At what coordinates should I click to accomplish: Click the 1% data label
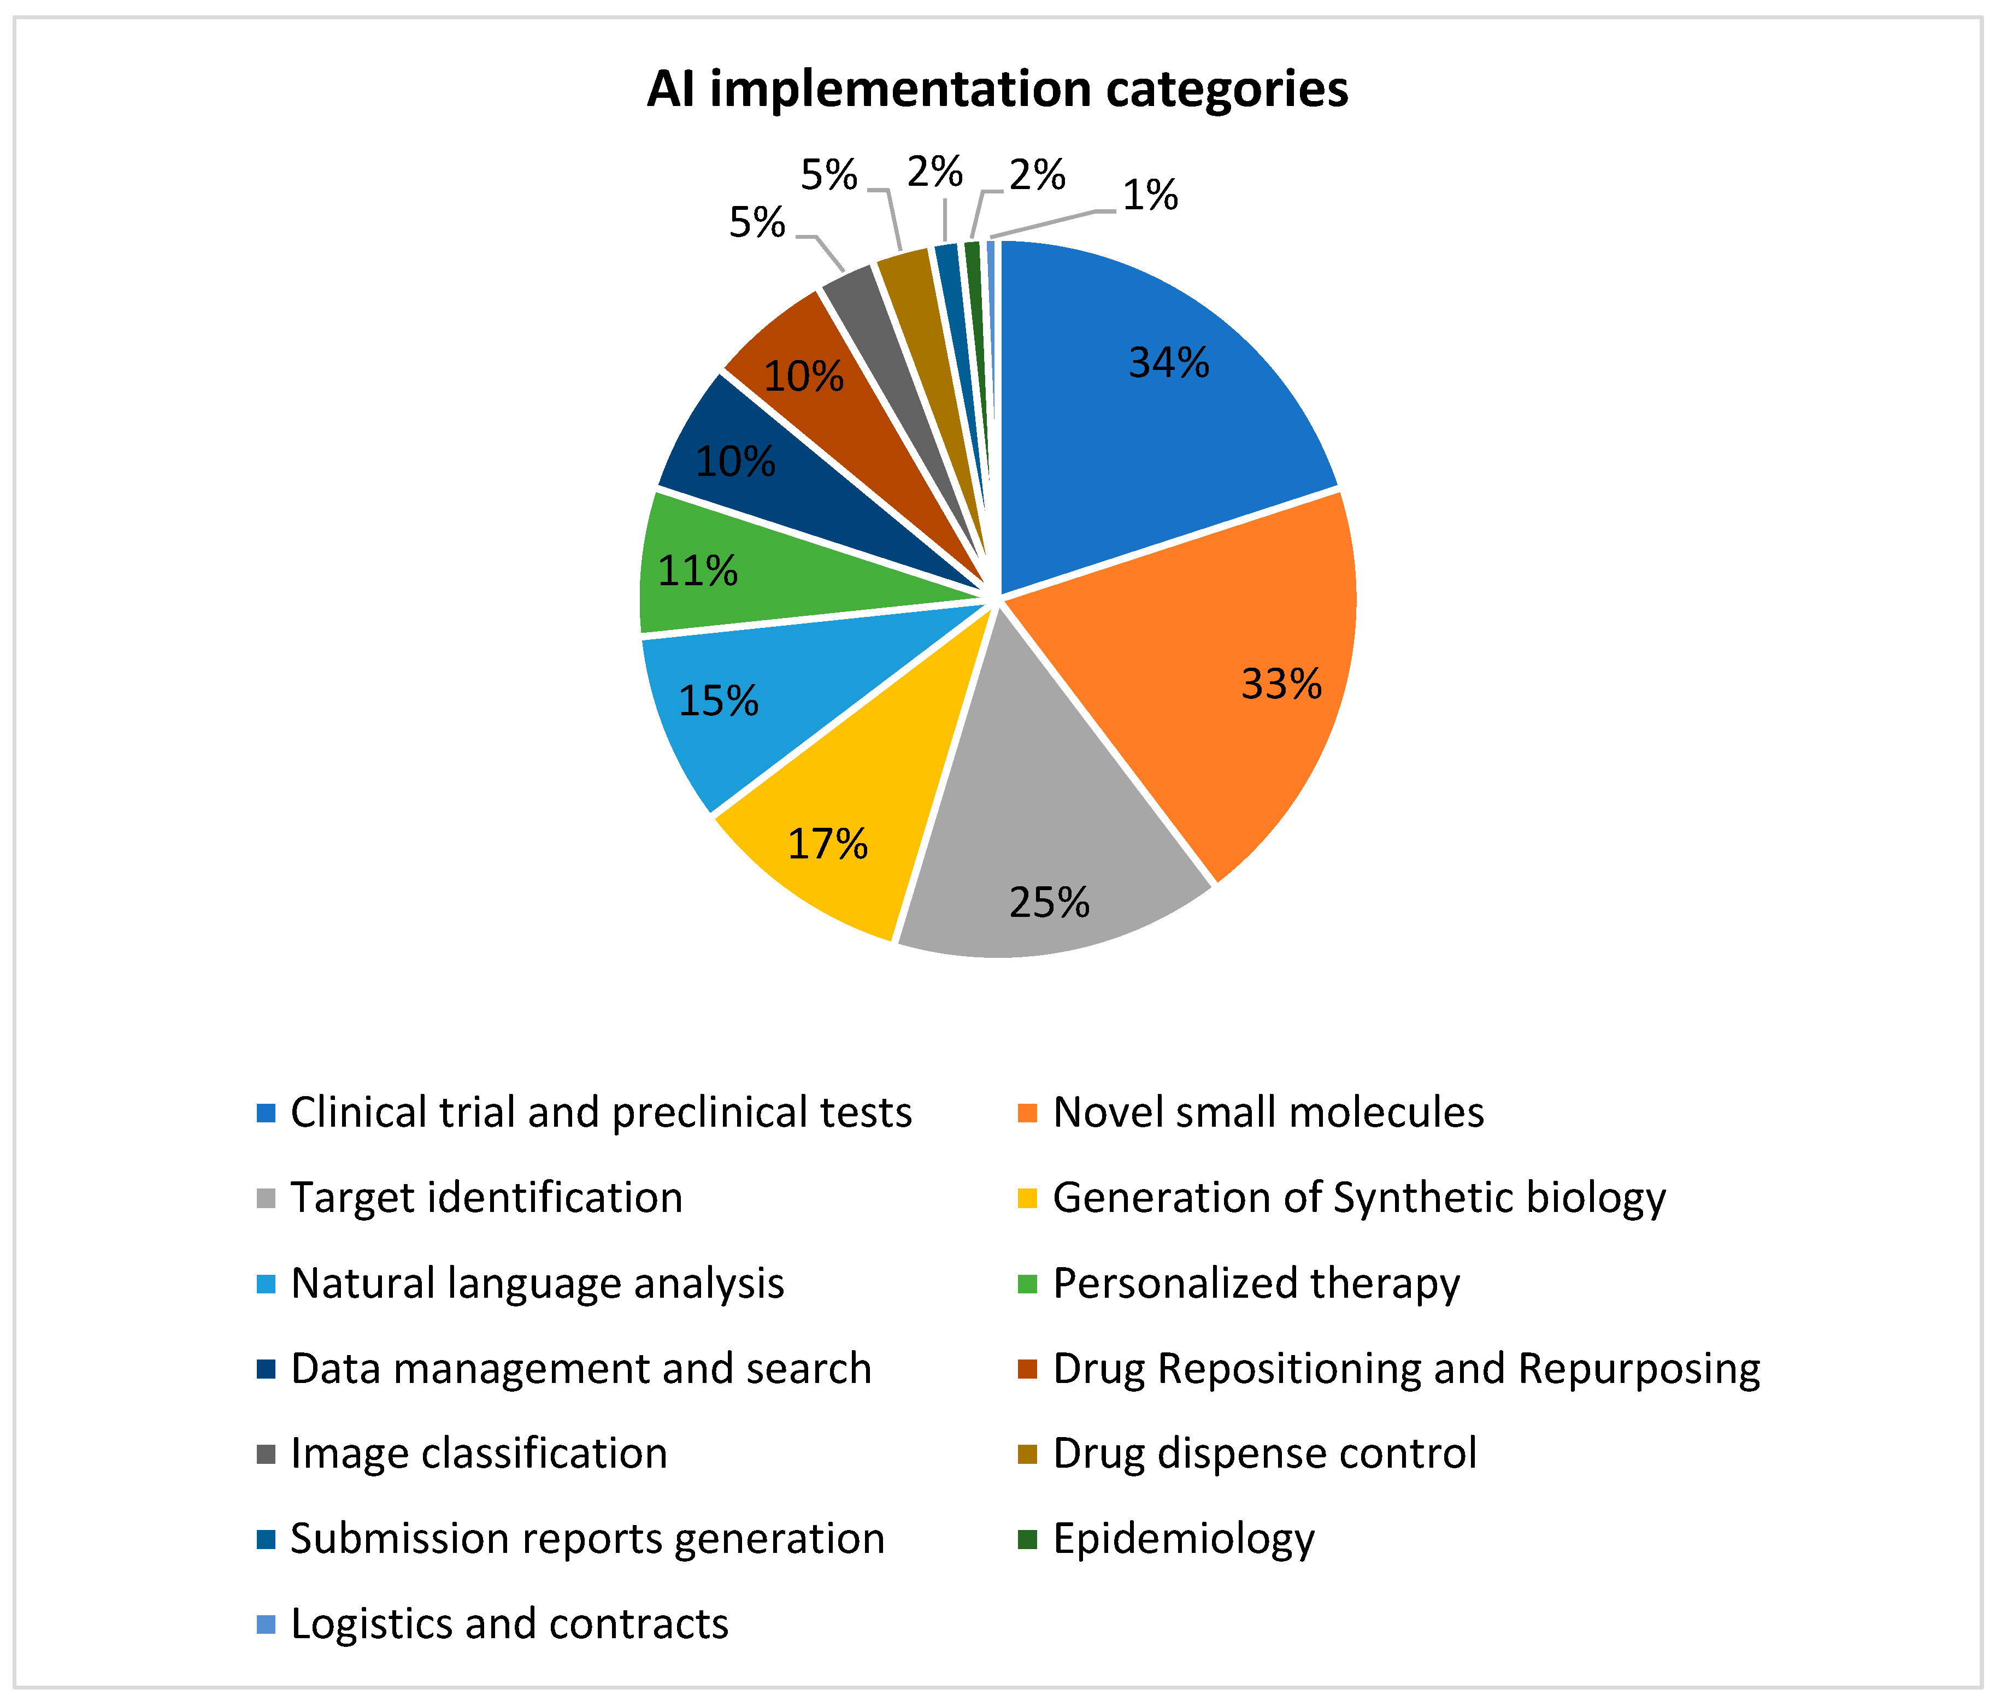click(1150, 196)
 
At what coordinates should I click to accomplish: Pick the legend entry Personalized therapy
click(1256, 1284)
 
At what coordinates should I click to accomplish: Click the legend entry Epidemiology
click(1183, 1539)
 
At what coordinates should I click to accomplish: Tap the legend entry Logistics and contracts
click(509, 1625)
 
